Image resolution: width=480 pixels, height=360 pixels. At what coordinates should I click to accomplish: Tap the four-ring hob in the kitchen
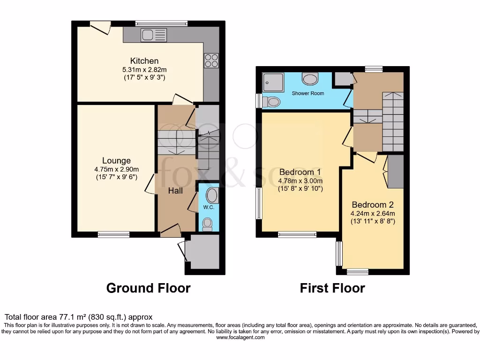click(x=210, y=60)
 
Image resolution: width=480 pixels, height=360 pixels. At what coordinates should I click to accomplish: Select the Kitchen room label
click(x=144, y=61)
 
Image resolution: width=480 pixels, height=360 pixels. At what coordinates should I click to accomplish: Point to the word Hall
click(x=175, y=191)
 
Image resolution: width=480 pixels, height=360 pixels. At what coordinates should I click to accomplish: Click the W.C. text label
click(x=208, y=207)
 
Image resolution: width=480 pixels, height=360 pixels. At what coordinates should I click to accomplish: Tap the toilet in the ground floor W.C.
click(x=207, y=224)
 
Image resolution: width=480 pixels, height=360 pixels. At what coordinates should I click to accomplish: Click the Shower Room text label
click(x=308, y=93)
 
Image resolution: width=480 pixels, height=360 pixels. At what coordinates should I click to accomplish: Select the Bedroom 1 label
click(x=300, y=172)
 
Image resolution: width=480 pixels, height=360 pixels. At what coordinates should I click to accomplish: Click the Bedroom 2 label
click(x=373, y=205)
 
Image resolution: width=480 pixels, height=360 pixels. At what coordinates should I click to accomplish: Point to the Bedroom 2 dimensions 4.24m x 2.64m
click(x=373, y=213)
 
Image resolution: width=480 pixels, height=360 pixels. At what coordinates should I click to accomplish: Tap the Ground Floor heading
click(x=148, y=288)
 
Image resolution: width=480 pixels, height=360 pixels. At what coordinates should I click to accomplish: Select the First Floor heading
click(x=332, y=288)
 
